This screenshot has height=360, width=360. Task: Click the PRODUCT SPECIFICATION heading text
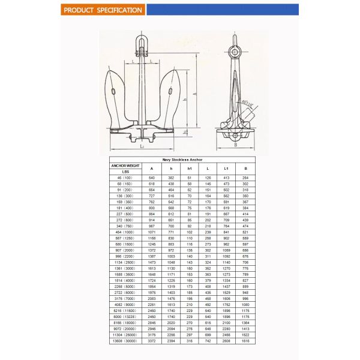(x=103, y=10)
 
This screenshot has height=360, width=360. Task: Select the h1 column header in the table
(x=190, y=169)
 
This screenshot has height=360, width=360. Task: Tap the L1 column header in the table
(x=226, y=169)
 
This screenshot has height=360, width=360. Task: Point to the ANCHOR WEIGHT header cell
(x=125, y=166)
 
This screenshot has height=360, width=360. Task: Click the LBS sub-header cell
(x=125, y=172)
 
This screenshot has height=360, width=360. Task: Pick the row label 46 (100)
(x=125, y=178)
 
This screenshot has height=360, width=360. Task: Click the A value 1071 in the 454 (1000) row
(x=152, y=232)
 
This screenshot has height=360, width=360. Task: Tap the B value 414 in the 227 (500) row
(x=245, y=214)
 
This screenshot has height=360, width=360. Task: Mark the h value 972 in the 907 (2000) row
(x=171, y=250)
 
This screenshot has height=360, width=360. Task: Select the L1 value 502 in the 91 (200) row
(x=226, y=190)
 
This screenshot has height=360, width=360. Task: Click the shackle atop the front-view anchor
(x=141, y=41)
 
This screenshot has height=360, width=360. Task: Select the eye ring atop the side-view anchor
(x=233, y=41)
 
